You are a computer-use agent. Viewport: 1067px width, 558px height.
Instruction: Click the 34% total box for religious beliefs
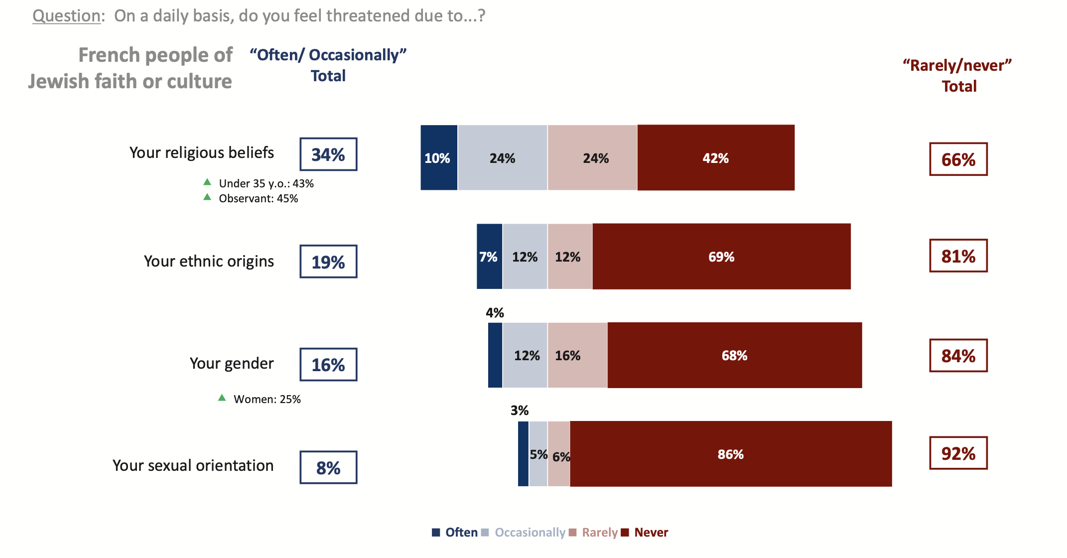point(328,154)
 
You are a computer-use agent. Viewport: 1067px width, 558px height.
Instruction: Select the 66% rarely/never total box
point(958,159)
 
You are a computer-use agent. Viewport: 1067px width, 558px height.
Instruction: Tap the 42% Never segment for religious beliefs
point(716,158)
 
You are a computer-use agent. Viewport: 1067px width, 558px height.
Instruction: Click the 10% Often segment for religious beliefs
point(438,158)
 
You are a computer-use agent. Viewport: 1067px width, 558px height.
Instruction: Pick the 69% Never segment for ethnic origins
point(721,257)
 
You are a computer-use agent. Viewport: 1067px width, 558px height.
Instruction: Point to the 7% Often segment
point(489,257)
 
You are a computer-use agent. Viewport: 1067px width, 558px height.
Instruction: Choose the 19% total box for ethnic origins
point(328,262)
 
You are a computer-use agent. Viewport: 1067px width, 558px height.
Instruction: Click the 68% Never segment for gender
point(734,355)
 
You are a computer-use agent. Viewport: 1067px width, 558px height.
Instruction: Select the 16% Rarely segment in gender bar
point(577,355)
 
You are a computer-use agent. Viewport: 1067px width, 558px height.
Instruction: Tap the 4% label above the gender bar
point(495,313)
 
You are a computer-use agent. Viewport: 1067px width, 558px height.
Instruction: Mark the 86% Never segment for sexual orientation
point(730,454)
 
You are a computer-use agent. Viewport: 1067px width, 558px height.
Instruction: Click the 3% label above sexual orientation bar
point(520,411)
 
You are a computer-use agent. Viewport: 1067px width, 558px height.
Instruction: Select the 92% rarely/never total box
point(958,453)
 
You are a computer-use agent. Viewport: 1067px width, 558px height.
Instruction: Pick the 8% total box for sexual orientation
point(328,467)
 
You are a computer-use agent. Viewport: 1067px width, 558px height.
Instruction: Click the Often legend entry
point(455,533)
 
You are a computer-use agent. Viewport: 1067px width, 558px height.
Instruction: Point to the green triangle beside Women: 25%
point(222,398)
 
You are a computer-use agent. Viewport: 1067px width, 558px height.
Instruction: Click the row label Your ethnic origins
point(209,261)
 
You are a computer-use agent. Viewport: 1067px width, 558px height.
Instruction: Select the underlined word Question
point(67,16)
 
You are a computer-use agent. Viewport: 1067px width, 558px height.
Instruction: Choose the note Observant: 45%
point(258,198)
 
